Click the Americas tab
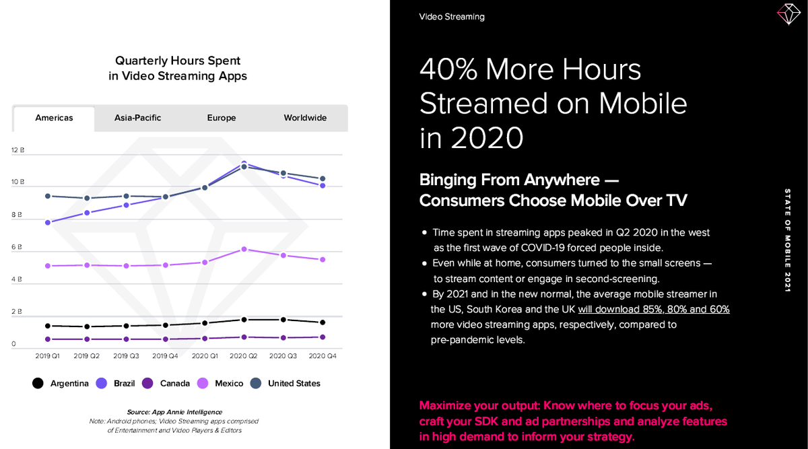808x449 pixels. (54, 118)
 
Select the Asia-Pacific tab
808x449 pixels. (137, 118)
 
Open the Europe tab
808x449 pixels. (222, 118)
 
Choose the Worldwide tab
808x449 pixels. (305, 118)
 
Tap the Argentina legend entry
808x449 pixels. (61, 383)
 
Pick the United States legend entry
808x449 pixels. (285, 383)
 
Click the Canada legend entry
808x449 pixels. (166, 383)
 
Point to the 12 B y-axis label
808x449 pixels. (18, 151)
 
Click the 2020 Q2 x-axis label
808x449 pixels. (244, 355)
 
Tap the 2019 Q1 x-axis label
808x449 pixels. (47, 355)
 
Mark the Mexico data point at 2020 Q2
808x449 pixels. (244, 249)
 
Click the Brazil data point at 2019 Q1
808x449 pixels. (47, 222)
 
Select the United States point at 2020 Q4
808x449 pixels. (323, 178)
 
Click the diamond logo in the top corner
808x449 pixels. (787, 14)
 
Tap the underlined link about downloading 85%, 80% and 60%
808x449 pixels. (653, 309)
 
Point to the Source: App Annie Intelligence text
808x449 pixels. (174, 412)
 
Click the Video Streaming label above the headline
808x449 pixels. (451, 16)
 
